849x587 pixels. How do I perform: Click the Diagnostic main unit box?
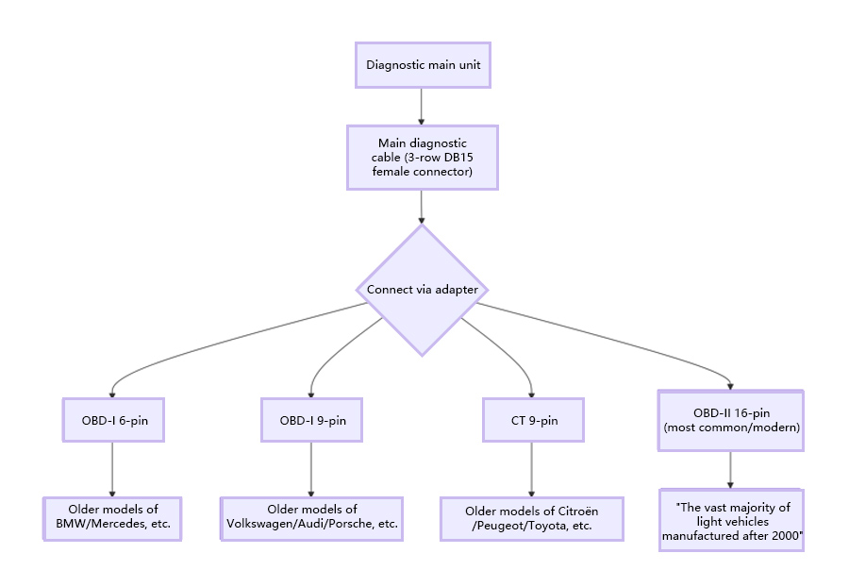(422, 65)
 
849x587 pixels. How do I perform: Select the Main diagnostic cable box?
(422, 158)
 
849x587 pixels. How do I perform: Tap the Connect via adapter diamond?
(422, 290)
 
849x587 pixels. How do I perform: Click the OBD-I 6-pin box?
(112, 420)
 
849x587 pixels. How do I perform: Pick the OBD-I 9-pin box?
(311, 420)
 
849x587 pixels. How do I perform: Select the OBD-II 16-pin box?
(731, 420)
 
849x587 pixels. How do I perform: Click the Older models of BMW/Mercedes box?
(112, 517)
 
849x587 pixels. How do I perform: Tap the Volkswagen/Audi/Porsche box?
(311, 517)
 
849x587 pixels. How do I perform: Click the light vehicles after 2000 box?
(731, 520)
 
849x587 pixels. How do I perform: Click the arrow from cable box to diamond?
(422, 207)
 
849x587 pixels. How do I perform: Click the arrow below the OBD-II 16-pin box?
(731, 469)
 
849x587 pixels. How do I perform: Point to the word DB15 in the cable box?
(458, 158)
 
